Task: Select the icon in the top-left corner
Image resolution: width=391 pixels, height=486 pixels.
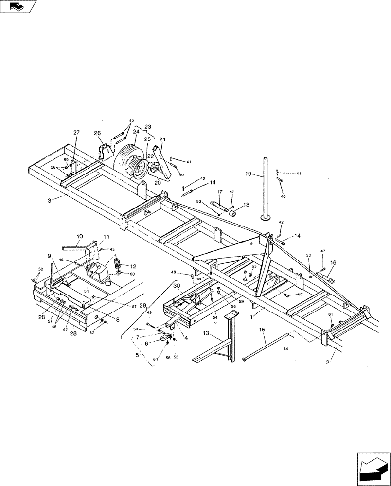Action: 18,6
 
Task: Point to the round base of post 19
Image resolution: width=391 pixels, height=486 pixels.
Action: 266,218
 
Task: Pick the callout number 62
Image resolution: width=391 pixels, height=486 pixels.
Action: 301,294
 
